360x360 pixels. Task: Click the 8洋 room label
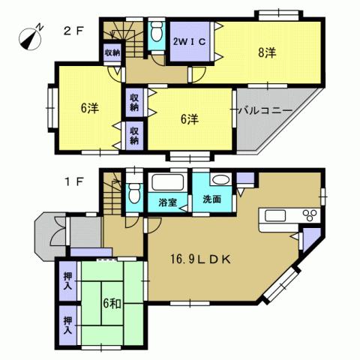click(x=266, y=53)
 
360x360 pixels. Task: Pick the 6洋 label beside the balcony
click(x=187, y=119)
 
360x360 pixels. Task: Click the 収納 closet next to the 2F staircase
click(x=112, y=52)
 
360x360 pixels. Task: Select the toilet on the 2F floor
click(x=157, y=33)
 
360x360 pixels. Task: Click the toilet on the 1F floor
click(x=133, y=193)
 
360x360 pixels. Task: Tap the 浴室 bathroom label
click(x=168, y=201)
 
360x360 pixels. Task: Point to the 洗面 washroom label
click(x=211, y=200)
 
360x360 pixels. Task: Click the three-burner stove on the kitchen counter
click(x=309, y=216)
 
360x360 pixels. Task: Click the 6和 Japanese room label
click(x=113, y=304)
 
